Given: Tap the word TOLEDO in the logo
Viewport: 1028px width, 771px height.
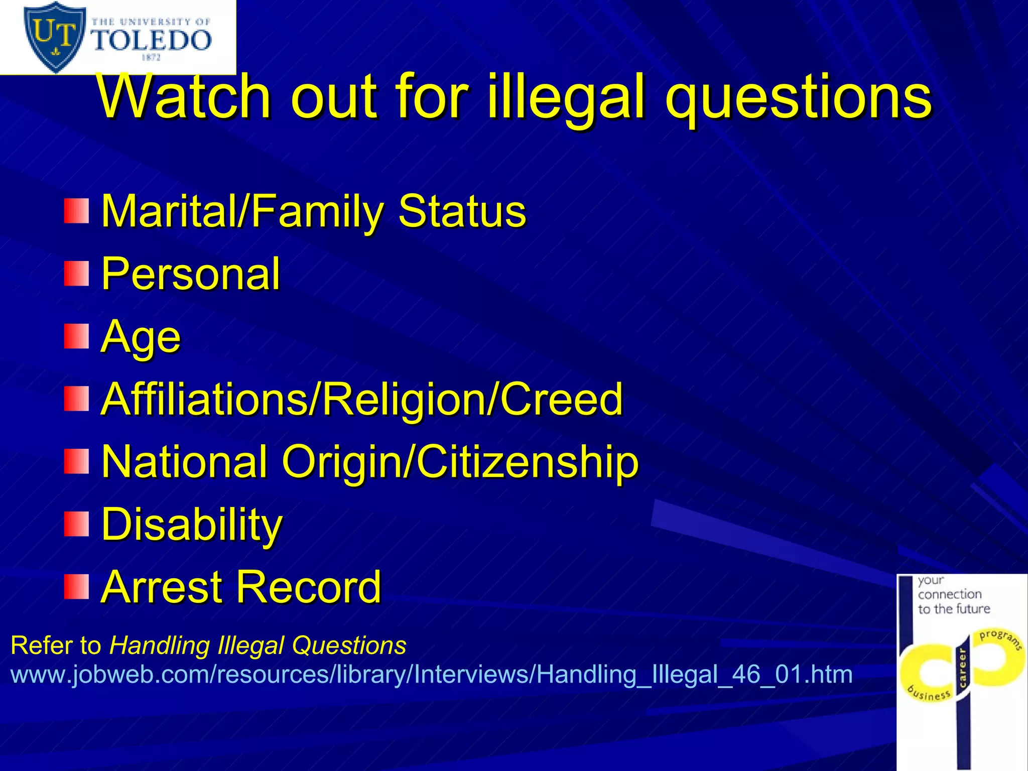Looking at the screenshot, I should click(x=151, y=41).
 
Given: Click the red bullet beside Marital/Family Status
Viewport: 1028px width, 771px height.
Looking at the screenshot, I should click(x=76, y=211).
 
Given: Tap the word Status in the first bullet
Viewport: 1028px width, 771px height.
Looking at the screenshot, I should click(x=462, y=211).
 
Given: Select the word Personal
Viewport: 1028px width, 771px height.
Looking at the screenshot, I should click(x=191, y=274).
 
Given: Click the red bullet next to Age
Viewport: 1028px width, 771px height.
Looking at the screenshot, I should click(x=76, y=336).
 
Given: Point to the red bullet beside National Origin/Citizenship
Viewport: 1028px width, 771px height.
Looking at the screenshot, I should click(x=76, y=461).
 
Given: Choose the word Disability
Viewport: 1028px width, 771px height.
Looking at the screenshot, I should click(x=192, y=525).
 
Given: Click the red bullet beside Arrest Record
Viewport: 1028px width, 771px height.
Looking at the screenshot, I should click(x=76, y=587).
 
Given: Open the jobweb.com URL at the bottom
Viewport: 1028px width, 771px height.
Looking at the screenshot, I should click(x=432, y=674).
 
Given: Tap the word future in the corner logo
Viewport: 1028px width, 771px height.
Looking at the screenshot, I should click(x=971, y=609).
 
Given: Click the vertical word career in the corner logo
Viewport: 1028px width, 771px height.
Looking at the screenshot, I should click(x=962, y=668).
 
